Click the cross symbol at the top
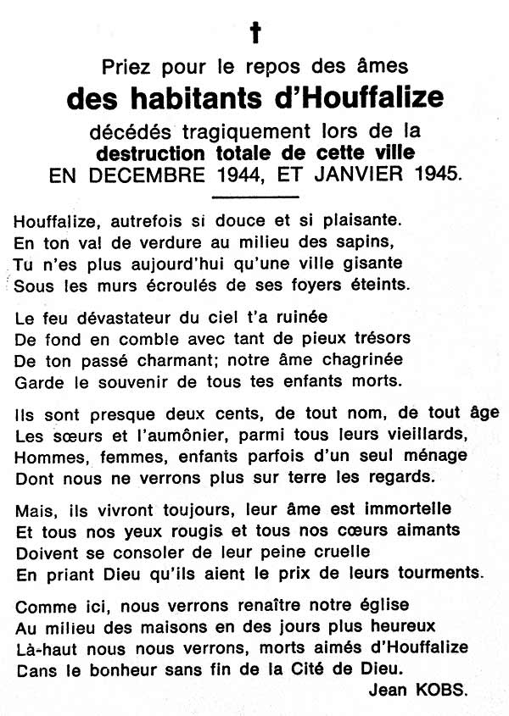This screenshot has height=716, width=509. pyautogui.click(x=254, y=33)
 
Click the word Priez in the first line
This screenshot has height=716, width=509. pyautogui.click(x=126, y=67)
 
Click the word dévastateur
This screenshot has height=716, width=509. pyautogui.click(x=117, y=316)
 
